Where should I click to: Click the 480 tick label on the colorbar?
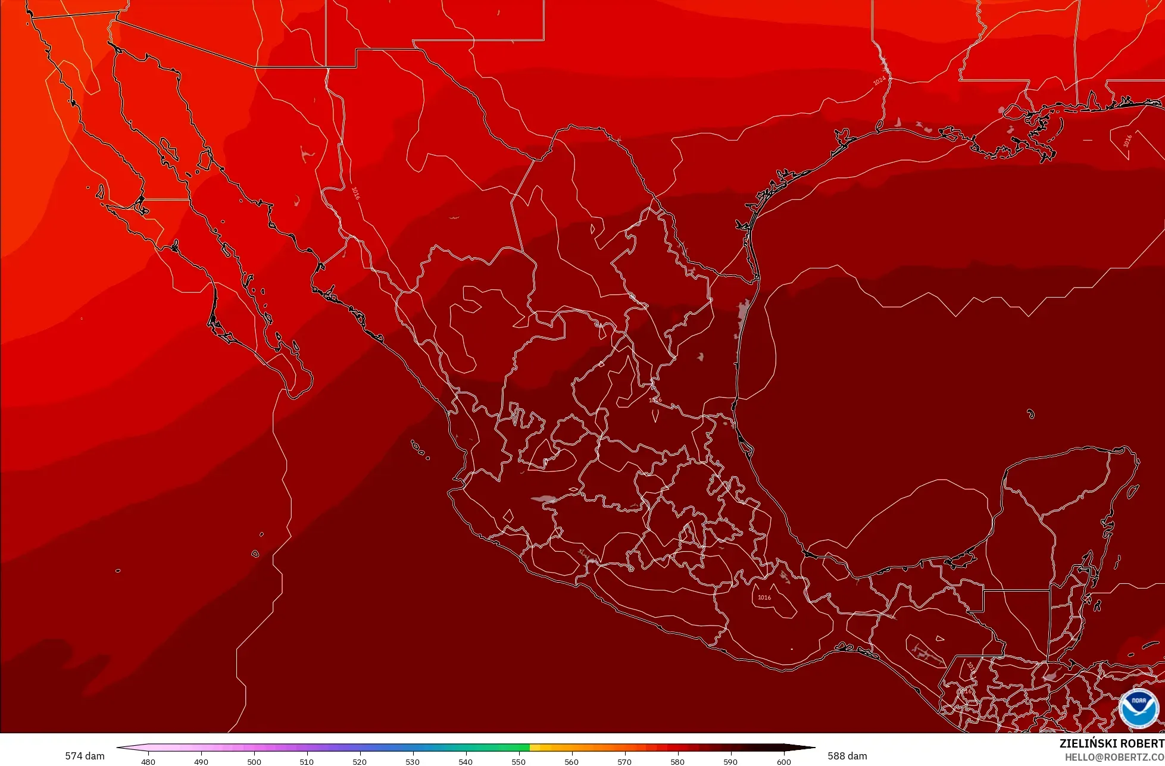(x=148, y=761)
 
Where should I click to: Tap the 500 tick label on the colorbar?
(x=254, y=761)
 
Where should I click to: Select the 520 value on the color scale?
(x=360, y=761)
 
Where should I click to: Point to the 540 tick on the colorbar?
(x=466, y=761)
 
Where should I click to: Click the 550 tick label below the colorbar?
(x=519, y=761)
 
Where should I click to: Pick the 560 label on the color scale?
(x=571, y=761)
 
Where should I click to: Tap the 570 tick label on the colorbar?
(x=624, y=761)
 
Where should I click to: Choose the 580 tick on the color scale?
(x=677, y=761)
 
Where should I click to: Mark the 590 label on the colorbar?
(x=730, y=761)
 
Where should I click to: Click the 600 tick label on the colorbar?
(x=783, y=761)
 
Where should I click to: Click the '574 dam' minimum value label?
(x=85, y=756)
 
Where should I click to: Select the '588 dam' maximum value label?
(x=847, y=756)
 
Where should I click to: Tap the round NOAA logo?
(x=1138, y=708)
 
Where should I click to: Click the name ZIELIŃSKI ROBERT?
(x=1111, y=743)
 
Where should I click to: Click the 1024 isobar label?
(x=880, y=82)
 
